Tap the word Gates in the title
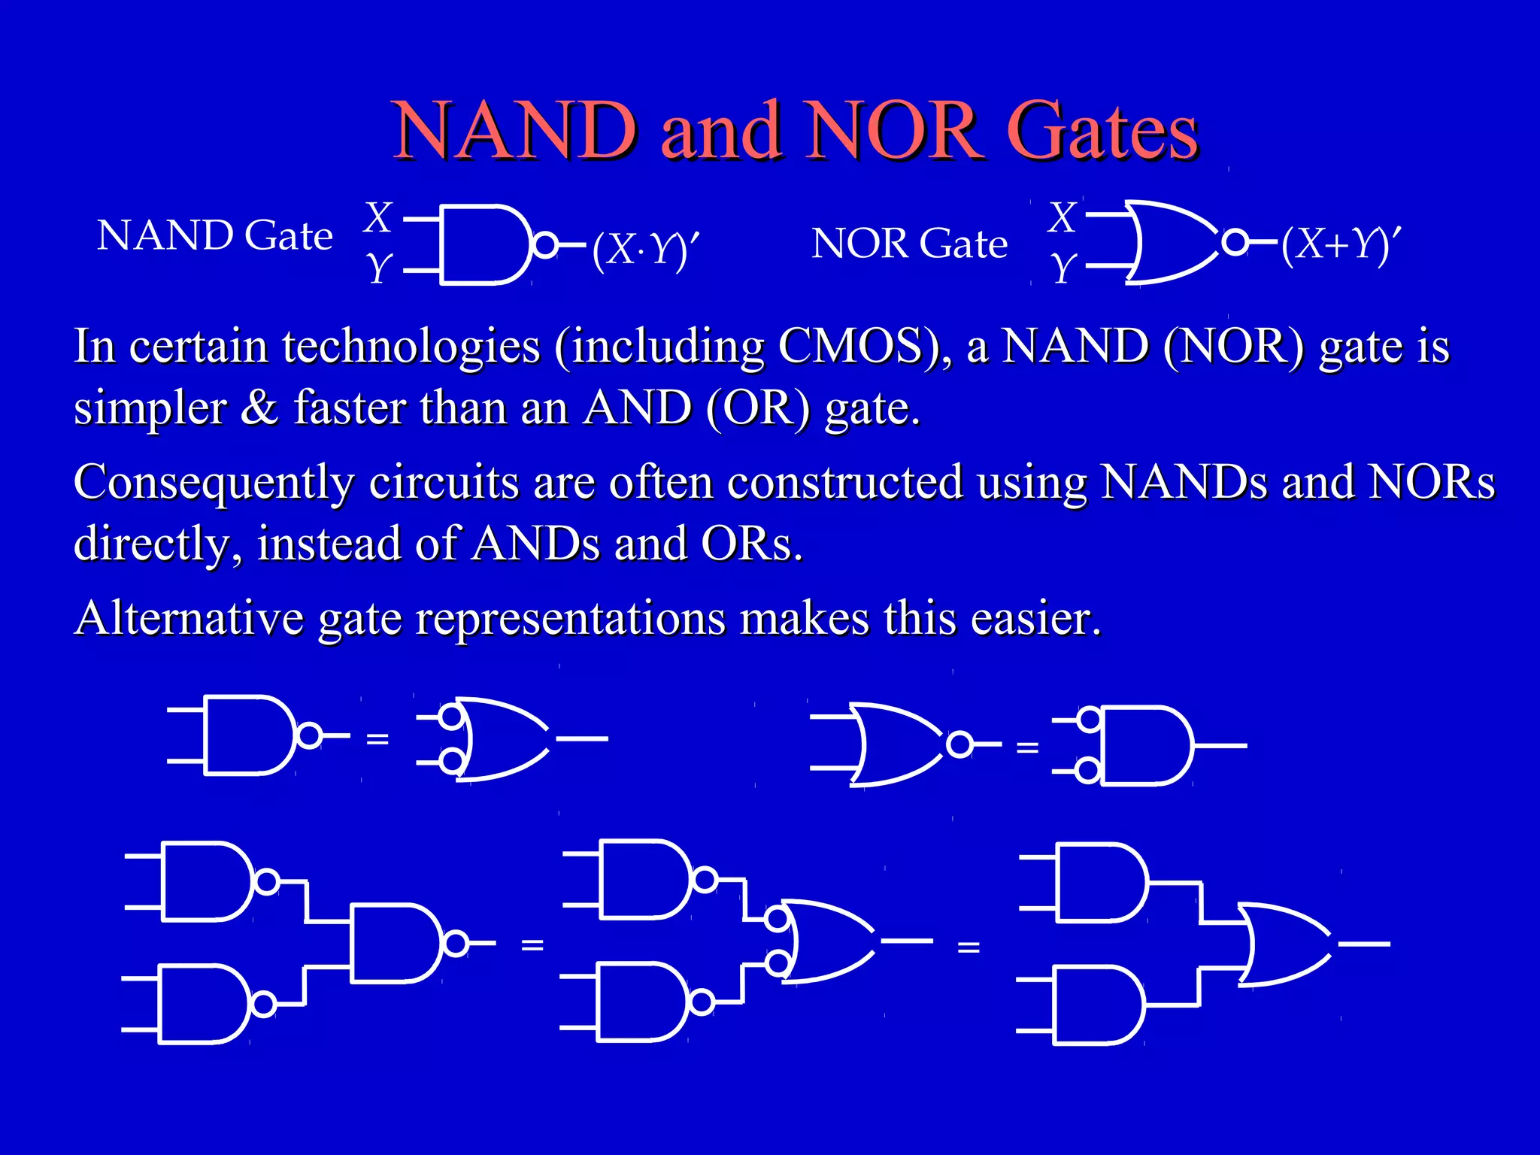[1102, 131]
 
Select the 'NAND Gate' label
[215, 236]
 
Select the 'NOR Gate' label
[910, 244]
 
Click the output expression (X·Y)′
[645, 249]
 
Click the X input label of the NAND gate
[378, 218]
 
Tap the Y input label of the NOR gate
[1063, 267]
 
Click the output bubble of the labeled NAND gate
[544, 245]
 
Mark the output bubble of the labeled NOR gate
[1235, 242]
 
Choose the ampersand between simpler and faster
[259, 408]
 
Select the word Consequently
[214, 483]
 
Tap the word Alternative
[189, 619]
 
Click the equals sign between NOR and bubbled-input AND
[1027, 748]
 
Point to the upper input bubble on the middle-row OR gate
[450, 715]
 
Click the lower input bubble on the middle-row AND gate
[1087, 771]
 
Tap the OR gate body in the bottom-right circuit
[1283, 944]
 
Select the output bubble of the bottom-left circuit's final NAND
[456, 943]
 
